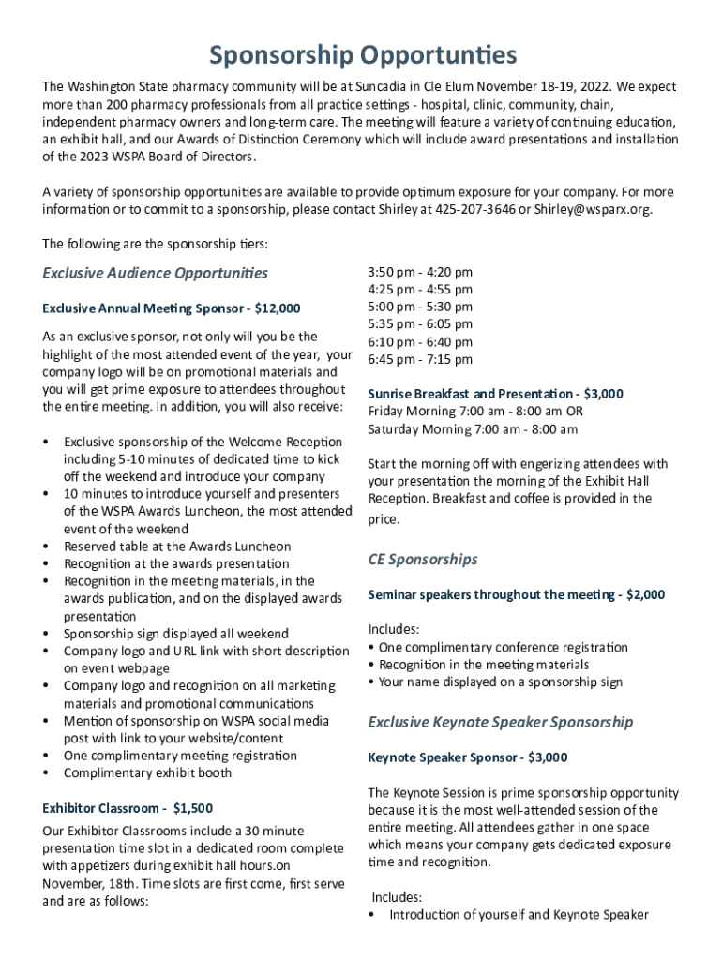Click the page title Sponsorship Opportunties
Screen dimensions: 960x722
[x=362, y=55]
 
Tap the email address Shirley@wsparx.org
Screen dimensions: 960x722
[x=593, y=209]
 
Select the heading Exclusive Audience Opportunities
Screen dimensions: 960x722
[x=156, y=273]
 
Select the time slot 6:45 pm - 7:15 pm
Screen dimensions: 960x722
[x=420, y=359]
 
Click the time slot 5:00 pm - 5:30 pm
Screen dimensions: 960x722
[x=420, y=307]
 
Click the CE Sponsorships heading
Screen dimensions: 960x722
[x=423, y=560]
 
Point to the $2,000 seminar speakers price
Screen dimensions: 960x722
[x=645, y=594]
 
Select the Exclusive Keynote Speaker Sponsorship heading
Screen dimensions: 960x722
[x=500, y=722]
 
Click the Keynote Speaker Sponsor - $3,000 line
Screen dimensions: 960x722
[x=467, y=757]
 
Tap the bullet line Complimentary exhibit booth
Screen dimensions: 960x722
[x=147, y=773]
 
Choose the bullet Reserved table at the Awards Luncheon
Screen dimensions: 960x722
[x=177, y=547]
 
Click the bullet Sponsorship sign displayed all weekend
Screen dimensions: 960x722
[x=176, y=634]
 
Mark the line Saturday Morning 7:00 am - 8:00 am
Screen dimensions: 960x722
[x=473, y=429]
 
